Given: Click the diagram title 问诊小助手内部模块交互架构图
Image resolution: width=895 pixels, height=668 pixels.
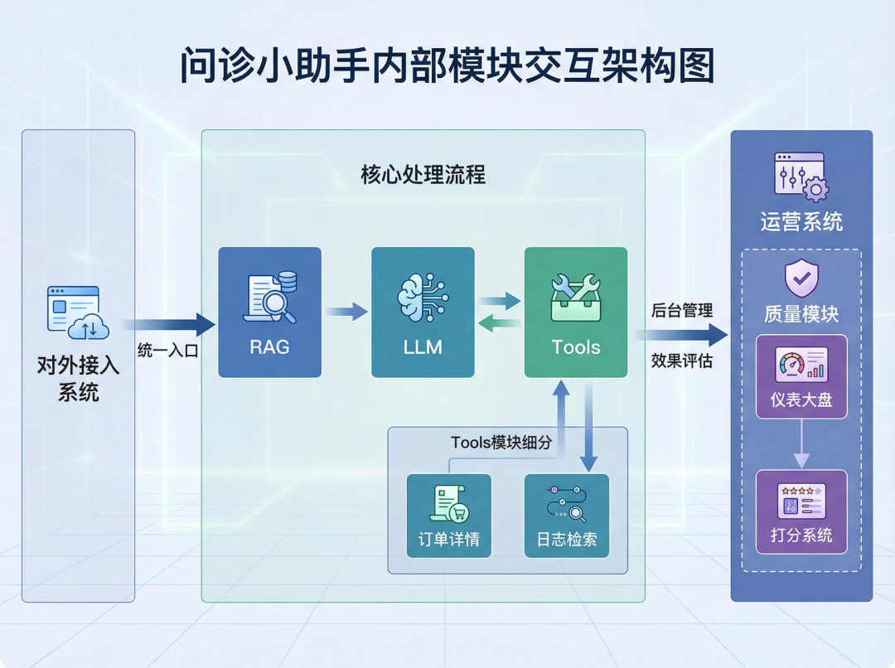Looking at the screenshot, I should click(447, 66).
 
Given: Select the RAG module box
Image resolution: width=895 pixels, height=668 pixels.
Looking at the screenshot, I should click(269, 312).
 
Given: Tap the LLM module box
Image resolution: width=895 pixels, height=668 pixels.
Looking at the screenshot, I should click(423, 312).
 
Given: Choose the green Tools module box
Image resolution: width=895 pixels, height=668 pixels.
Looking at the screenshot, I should click(576, 312).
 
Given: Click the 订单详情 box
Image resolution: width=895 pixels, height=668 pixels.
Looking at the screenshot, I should click(448, 515).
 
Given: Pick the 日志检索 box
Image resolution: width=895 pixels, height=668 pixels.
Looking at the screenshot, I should click(567, 515).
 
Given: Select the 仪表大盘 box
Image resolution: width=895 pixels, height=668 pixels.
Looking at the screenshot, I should click(801, 376).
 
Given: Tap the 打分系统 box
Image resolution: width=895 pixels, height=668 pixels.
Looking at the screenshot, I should click(801, 511).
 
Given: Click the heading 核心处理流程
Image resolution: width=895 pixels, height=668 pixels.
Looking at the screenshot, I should click(423, 176).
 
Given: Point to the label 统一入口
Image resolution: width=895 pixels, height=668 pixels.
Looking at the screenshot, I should click(167, 351).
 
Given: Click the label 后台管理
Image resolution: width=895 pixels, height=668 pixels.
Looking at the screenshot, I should click(681, 311).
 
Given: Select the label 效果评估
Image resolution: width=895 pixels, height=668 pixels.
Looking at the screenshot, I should click(681, 361).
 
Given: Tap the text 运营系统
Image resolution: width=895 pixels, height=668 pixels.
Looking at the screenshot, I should click(801, 222).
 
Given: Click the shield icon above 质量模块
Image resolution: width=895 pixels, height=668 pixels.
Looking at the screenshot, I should click(801, 279).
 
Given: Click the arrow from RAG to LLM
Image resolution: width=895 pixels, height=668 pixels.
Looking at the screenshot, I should click(346, 312).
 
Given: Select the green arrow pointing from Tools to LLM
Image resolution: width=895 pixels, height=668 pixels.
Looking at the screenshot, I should click(499, 324).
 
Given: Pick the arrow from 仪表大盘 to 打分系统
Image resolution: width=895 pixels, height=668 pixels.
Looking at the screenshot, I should click(801, 444).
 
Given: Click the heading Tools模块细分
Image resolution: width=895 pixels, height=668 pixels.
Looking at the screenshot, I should click(501, 443).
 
